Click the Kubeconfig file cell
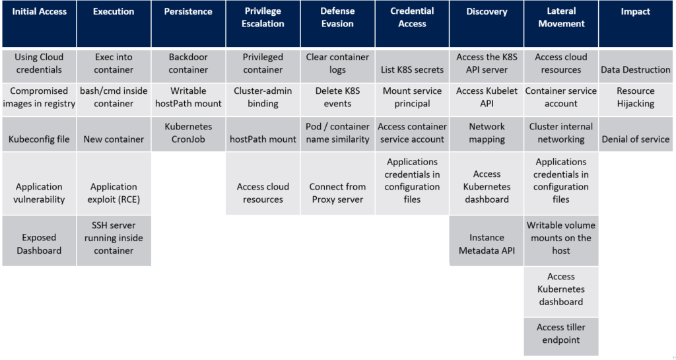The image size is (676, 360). tap(39, 139)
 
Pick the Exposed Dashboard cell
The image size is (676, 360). tap(39, 244)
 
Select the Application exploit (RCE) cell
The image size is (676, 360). tap(114, 193)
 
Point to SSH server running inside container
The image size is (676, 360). tap(114, 238)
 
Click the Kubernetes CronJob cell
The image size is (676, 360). tap(188, 133)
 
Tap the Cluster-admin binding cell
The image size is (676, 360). tap(263, 97)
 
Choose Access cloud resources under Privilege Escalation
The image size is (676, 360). tap(263, 193)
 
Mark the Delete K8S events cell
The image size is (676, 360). tap(337, 97)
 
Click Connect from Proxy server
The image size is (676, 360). tap(337, 193)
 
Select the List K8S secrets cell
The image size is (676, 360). tap(412, 69)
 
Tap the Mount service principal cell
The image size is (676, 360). tap(412, 97)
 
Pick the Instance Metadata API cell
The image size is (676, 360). tap(487, 244)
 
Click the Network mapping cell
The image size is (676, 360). tap(487, 133)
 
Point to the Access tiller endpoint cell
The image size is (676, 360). tap(561, 334)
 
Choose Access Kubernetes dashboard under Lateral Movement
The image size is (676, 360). tap(561, 289)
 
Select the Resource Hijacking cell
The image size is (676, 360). tap(636, 97)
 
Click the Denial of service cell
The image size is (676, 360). tap(636, 139)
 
